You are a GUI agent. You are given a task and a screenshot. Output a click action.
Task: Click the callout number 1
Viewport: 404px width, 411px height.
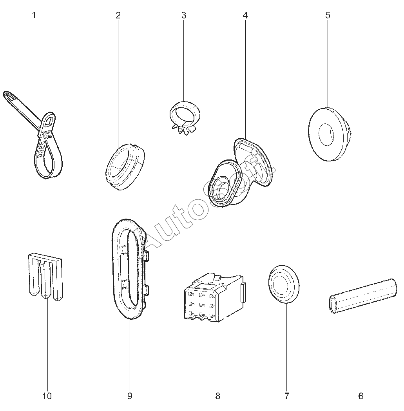pos(34,15)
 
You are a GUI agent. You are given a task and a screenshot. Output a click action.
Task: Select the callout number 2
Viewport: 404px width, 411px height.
pos(118,15)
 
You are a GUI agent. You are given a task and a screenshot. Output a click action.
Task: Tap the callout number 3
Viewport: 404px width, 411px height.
pos(183,15)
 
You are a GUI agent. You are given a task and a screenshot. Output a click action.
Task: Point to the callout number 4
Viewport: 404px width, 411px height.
pos(245,15)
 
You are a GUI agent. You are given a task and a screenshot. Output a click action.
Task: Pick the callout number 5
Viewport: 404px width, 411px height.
pos(328,15)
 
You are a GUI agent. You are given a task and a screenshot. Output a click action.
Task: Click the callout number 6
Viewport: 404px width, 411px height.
pos(361,396)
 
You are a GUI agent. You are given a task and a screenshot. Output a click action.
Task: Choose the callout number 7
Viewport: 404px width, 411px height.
pos(286,396)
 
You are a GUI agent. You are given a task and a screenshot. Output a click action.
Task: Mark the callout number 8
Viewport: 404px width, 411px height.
pos(218,396)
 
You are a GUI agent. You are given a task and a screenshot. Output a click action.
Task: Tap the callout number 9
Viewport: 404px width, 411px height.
pos(130,396)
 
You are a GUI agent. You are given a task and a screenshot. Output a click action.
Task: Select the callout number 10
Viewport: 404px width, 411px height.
pos(47,396)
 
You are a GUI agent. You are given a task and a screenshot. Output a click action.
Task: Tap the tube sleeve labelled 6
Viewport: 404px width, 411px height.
pos(361,298)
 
